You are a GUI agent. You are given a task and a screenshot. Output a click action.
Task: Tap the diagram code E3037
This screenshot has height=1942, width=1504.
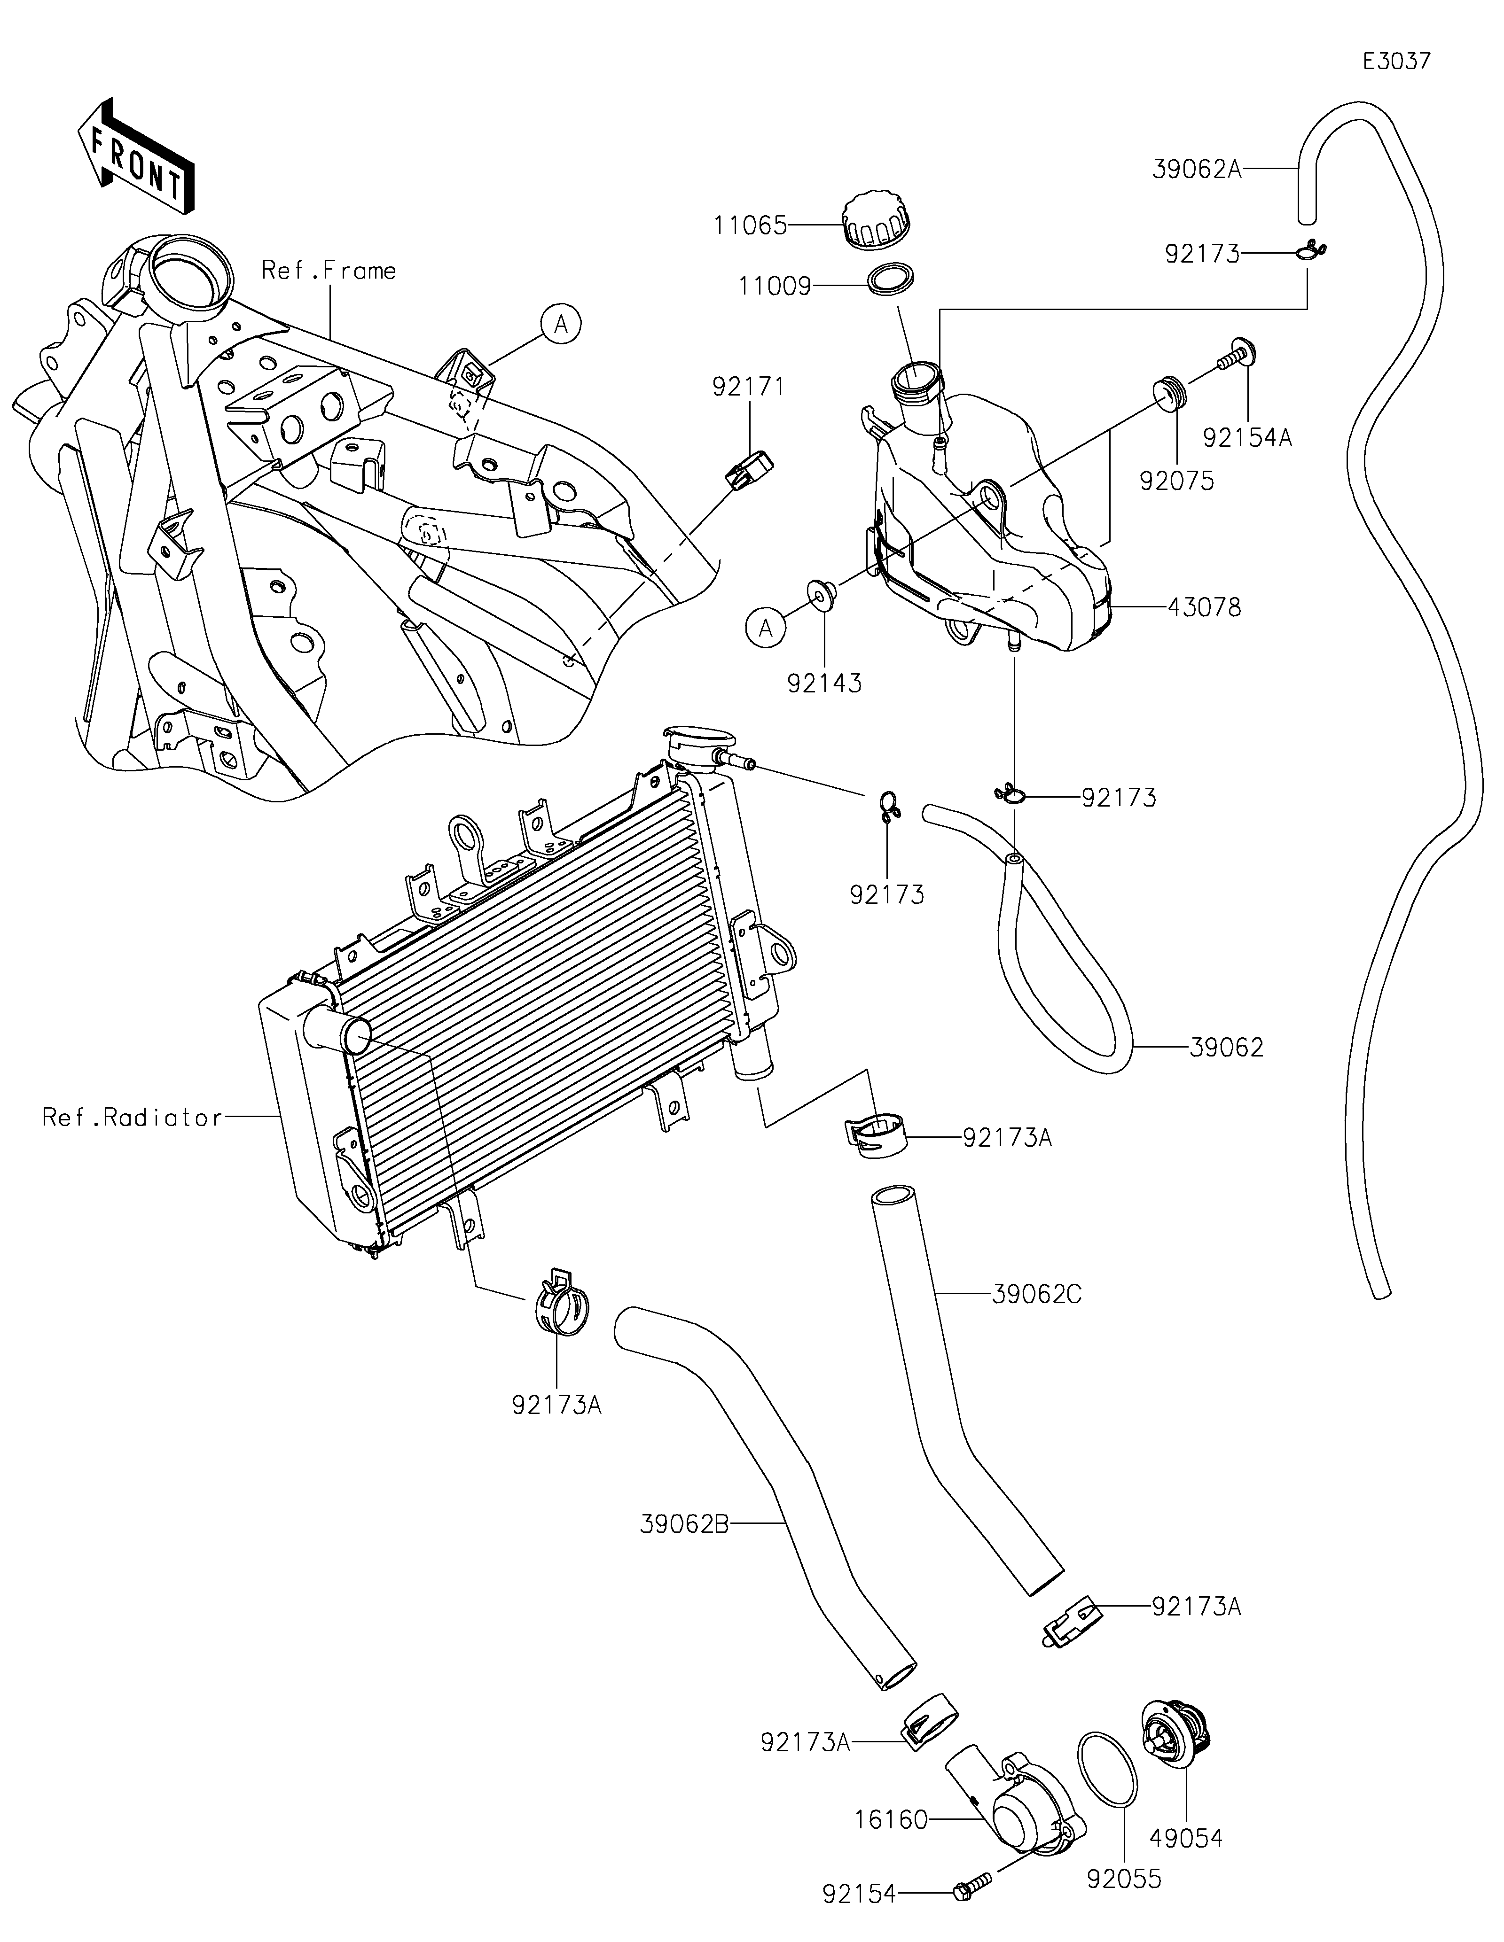click(x=1396, y=62)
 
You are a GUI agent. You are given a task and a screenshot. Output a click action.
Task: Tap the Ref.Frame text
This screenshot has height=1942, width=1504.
click(x=329, y=270)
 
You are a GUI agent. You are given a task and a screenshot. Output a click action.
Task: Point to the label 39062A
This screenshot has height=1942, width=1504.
click(x=1196, y=169)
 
